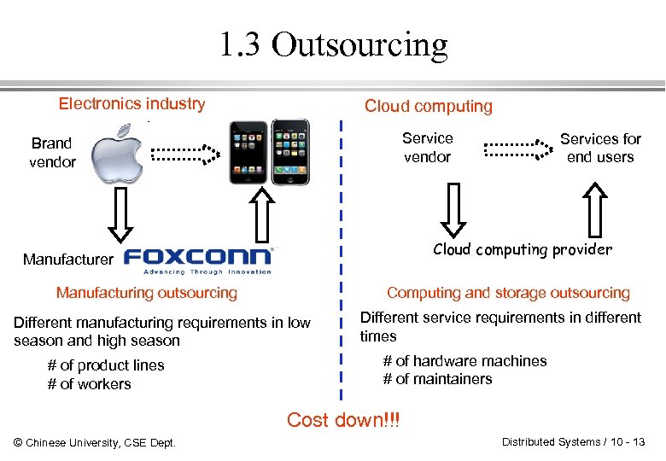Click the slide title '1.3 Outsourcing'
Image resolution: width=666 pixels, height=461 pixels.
[333, 45]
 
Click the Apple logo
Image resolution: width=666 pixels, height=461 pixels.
[119, 154]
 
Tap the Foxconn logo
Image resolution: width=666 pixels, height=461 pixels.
[198, 260]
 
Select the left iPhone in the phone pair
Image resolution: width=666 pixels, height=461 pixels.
[248, 152]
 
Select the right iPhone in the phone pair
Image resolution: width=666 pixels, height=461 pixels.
[290, 152]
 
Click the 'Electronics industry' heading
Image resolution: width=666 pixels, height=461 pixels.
[131, 104]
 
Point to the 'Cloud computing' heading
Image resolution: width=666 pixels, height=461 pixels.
[428, 107]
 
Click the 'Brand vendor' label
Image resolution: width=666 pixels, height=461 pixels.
[52, 153]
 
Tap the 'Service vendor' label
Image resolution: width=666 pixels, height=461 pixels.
[427, 148]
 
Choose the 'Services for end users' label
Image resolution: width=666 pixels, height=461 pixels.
[600, 148]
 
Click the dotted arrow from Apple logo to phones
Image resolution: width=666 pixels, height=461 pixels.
[184, 155]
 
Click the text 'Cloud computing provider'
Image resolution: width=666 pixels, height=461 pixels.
[522, 249]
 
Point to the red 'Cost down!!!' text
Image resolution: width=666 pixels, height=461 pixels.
[343, 420]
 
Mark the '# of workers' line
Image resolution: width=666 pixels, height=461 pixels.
[90, 384]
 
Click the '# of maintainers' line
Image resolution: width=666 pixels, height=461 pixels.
[437, 379]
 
